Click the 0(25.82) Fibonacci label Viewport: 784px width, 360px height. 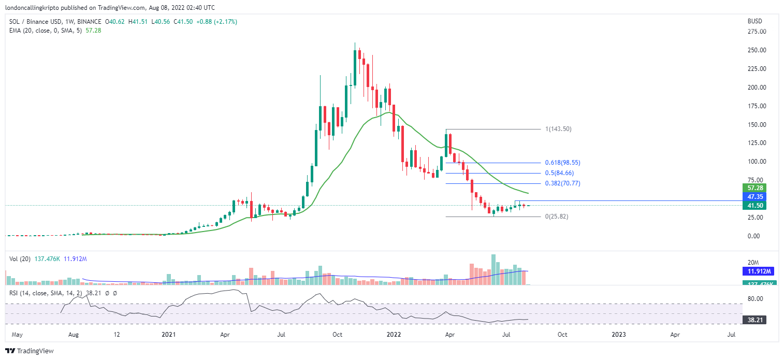[x=557, y=217]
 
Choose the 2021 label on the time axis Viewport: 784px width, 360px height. [x=169, y=335]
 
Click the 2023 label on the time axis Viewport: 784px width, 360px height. [x=619, y=335]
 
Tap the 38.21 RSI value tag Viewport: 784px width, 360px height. [x=753, y=320]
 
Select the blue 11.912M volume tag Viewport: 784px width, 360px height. [x=753, y=271]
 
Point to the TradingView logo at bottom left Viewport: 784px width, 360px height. [x=30, y=351]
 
